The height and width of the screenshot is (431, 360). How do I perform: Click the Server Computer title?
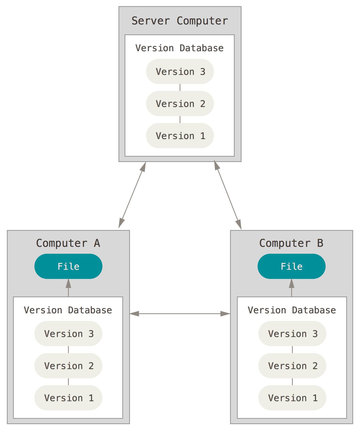(180, 21)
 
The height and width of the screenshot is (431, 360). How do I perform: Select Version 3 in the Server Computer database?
(180, 72)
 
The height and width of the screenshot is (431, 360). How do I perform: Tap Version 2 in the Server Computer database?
(180, 104)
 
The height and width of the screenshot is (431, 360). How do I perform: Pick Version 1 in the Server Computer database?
(180, 136)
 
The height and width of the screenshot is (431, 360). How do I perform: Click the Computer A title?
(68, 243)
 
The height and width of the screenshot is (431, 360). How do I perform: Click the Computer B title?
(291, 243)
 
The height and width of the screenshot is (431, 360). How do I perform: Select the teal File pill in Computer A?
(68, 266)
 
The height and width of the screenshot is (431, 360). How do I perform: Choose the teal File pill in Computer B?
(291, 266)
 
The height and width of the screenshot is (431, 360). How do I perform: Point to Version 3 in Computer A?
(68, 334)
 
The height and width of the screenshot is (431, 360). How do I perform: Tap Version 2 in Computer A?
(68, 366)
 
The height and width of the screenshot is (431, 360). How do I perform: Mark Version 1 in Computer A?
(68, 398)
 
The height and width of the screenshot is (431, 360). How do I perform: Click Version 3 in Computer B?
(292, 334)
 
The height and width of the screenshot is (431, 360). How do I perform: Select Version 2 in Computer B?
(292, 366)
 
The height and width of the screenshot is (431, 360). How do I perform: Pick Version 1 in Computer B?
(292, 398)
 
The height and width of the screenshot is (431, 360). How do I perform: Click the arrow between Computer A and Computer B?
(180, 314)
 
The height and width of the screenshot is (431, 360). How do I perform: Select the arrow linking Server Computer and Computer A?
(132, 195)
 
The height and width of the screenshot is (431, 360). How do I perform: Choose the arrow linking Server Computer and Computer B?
(228, 195)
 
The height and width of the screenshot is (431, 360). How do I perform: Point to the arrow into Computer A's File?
(68, 288)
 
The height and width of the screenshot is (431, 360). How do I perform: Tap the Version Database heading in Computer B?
(292, 310)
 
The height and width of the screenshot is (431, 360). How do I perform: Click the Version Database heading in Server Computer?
(179, 48)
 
